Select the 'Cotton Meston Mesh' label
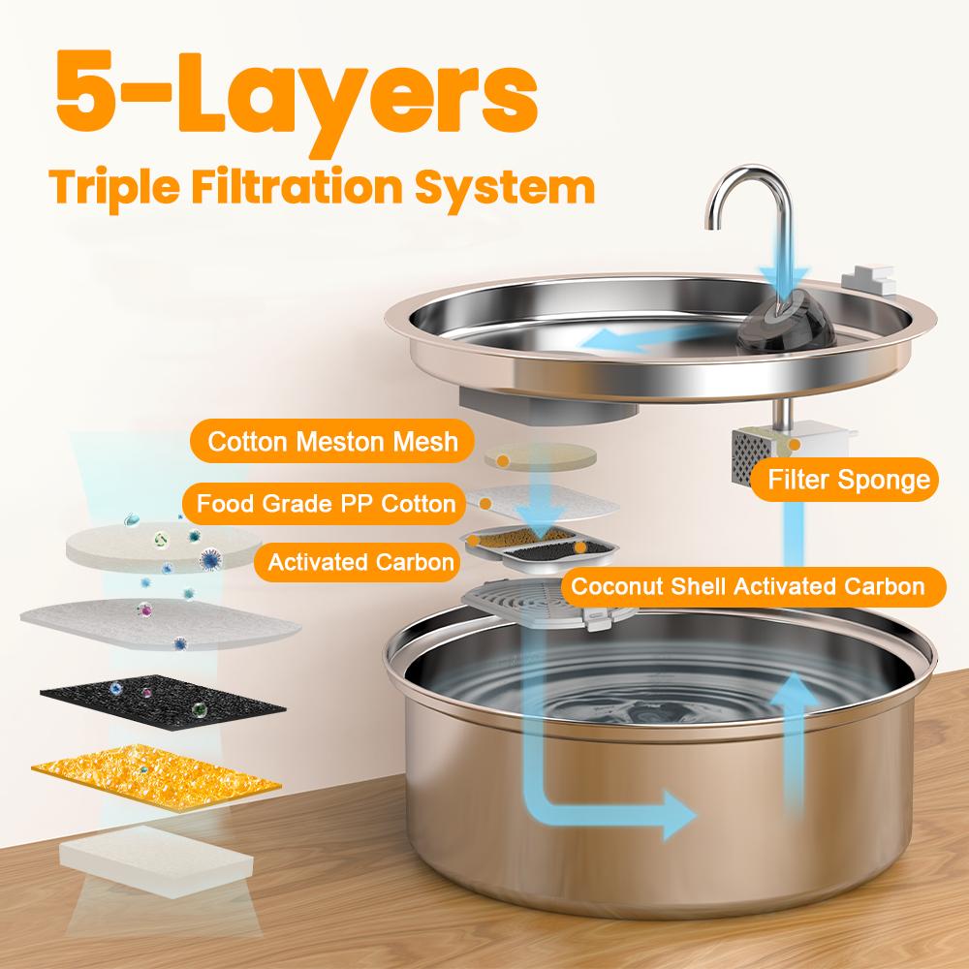tap(332, 443)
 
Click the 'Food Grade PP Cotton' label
tap(326, 503)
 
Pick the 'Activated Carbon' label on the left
tap(359, 562)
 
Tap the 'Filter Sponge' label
tap(848, 480)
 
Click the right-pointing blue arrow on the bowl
tap(669, 812)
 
